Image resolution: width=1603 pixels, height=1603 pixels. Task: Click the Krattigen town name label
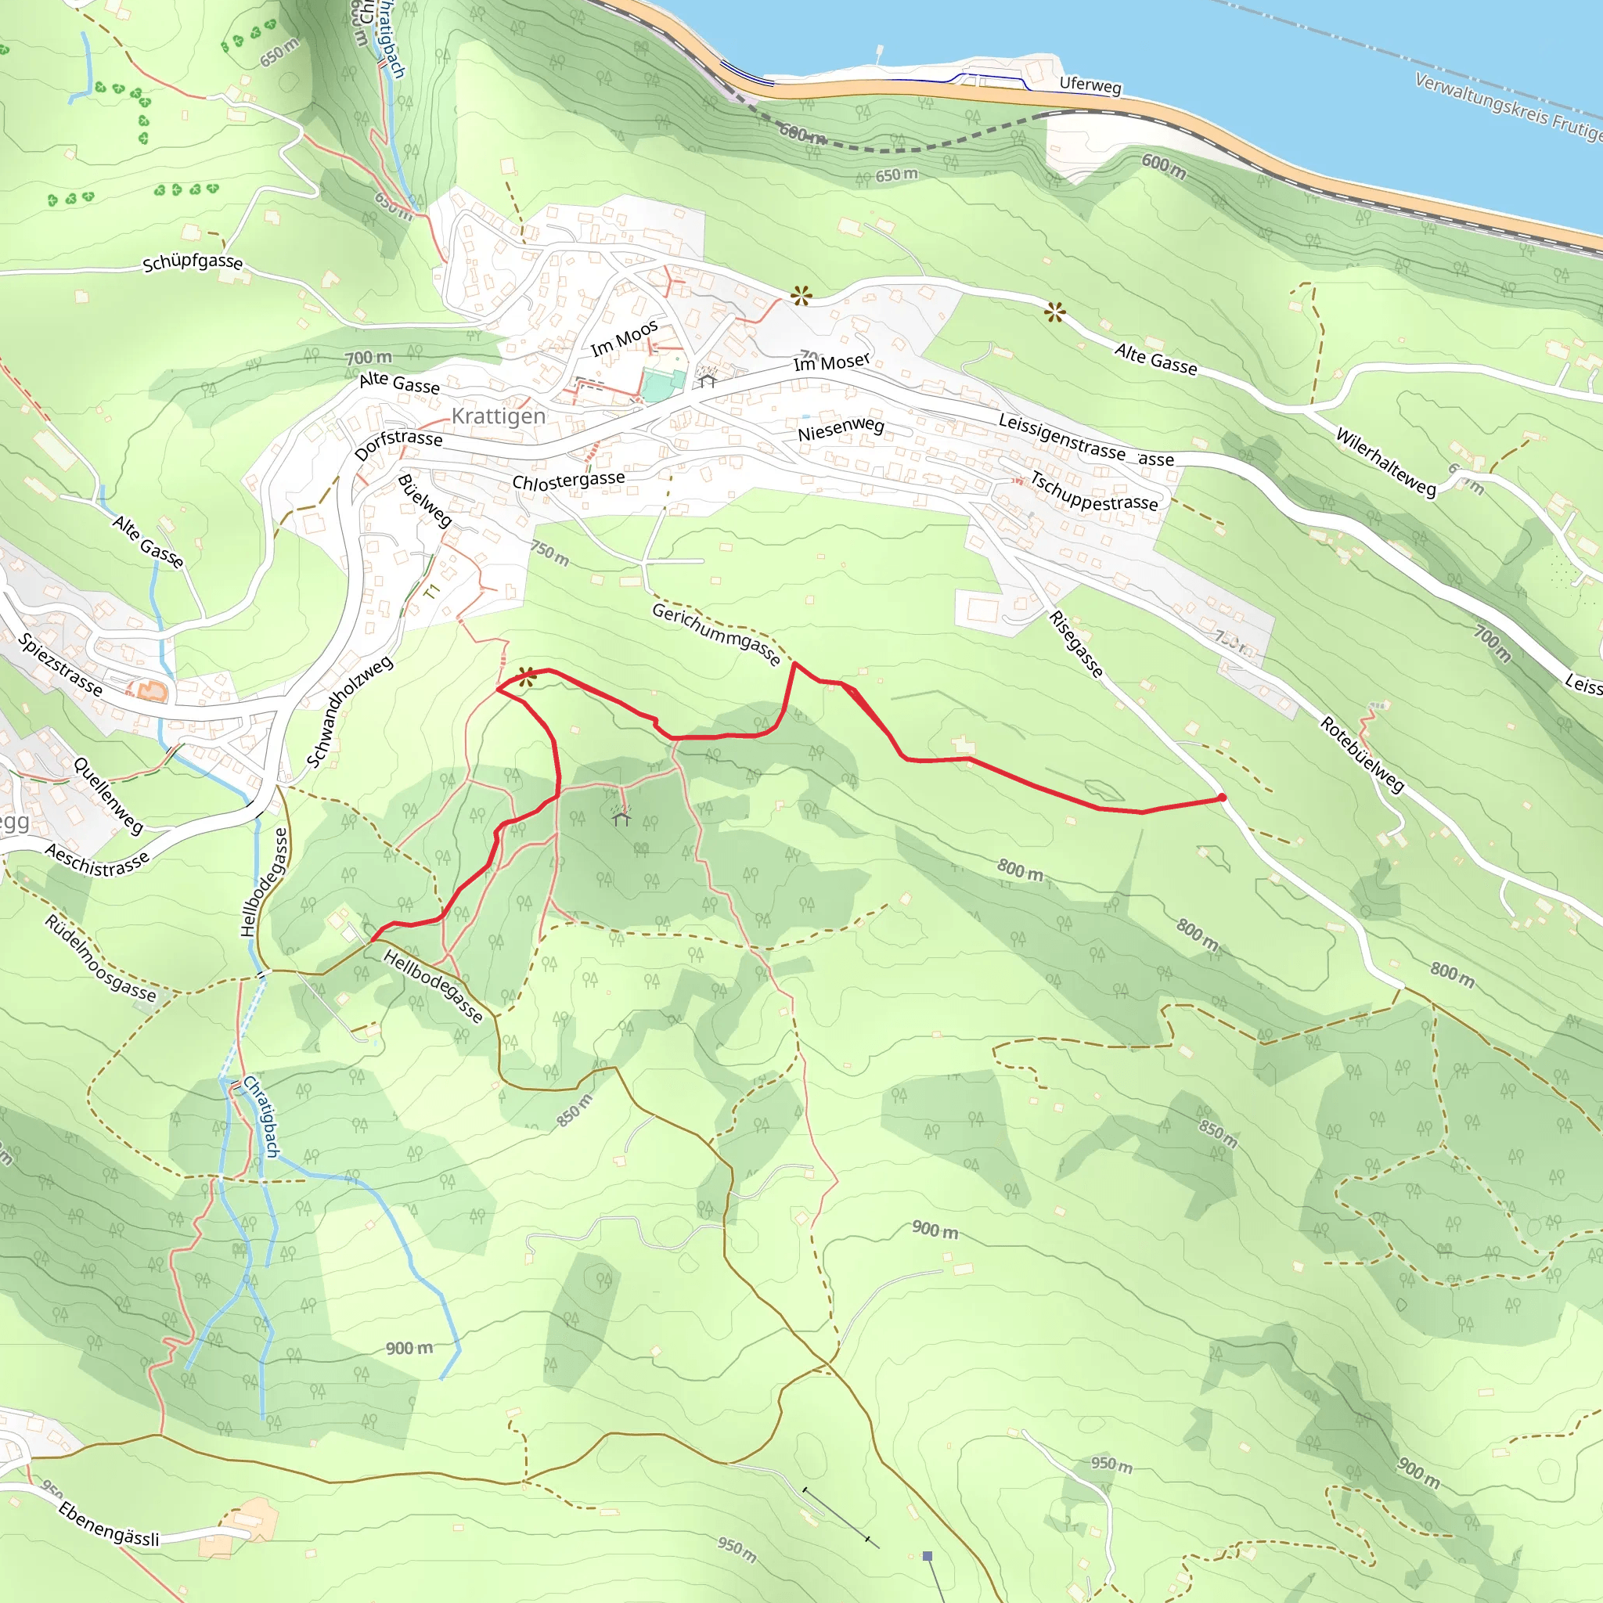pyautogui.click(x=498, y=416)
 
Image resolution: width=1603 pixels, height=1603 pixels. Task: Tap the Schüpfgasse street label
pyautogui.click(x=193, y=263)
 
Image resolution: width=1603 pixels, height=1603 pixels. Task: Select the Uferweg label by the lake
pyautogui.click(x=1090, y=85)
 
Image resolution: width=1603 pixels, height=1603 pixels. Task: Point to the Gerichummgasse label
pyautogui.click(x=716, y=635)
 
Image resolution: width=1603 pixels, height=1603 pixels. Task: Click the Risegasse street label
pyautogui.click(x=1075, y=644)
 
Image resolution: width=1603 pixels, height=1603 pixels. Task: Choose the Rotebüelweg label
pyautogui.click(x=1362, y=755)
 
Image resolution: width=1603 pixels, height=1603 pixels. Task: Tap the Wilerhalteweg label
pyautogui.click(x=1385, y=462)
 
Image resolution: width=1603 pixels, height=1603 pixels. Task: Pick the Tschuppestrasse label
pyautogui.click(x=1093, y=492)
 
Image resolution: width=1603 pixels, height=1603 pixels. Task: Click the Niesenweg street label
pyautogui.click(x=841, y=429)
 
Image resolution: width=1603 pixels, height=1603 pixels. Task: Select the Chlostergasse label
pyautogui.click(x=568, y=481)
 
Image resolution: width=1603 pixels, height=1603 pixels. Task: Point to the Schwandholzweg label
pyautogui.click(x=349, y=712)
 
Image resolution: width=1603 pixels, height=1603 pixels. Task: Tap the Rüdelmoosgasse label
pyautogui.click(x=99, y=958)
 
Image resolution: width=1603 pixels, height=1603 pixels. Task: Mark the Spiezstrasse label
pyautogui.click(x=60, y=665)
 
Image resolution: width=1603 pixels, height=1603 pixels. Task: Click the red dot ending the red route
pyautogui.click(x=1221, y=798)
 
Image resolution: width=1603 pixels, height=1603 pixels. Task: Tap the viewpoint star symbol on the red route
pyautogui.click(x=526, y=676)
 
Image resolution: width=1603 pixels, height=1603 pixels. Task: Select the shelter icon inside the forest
pyautogui.click(x=621, y=818)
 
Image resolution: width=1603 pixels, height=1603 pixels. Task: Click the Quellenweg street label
pyautogui.click(x=109, y=795)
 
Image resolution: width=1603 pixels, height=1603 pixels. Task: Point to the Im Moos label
pyautogui.click(x=624, y=338)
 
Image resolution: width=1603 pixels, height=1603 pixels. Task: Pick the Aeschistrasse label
pyautogui.click(x=97, y=860)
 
